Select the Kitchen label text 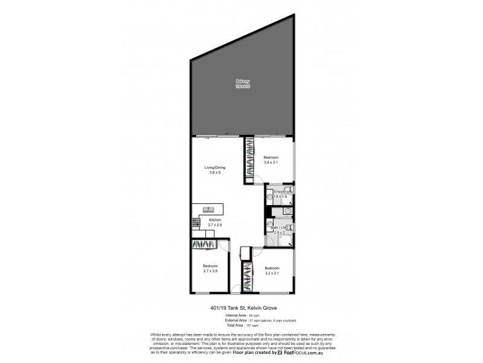tap(216, 220)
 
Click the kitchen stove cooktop tap(195, 222)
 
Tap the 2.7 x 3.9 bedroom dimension tap(210, 271)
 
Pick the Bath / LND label tap(279, 227)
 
